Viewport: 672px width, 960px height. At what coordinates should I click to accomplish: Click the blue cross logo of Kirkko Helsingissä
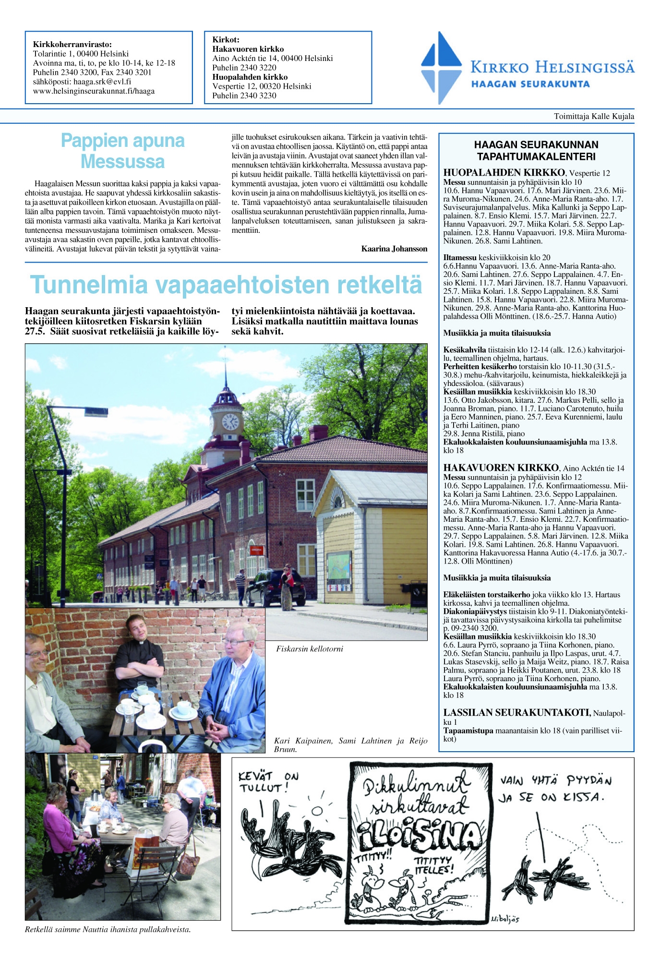pos(441,68)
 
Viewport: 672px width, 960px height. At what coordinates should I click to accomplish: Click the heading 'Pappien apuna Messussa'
pos(123,151)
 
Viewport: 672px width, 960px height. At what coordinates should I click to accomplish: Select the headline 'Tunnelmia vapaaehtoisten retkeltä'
pos(226,285)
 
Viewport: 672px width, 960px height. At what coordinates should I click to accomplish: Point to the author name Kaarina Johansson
pos(394,249)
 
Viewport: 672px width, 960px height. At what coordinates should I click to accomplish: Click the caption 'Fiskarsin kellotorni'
pos(310,649)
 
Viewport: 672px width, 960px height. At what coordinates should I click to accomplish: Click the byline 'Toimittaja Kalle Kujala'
pos(594,116)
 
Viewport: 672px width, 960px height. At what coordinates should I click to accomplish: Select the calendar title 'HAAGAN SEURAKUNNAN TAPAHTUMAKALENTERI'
pos(536,151)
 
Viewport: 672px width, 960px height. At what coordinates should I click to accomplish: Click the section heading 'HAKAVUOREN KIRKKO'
pos(501,468)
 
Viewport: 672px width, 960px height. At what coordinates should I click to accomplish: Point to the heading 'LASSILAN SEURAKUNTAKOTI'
pos(516,713)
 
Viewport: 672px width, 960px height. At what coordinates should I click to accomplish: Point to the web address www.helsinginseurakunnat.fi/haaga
pos(94,91)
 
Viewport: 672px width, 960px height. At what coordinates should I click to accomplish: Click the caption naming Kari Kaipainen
pos(350,745)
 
